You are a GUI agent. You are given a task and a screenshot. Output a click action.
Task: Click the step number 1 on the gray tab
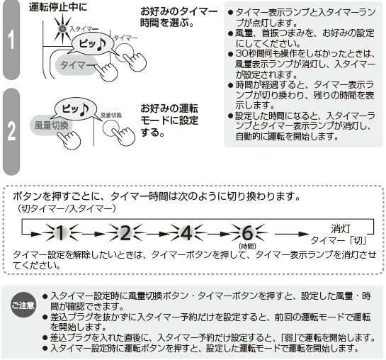[x=11, y=40]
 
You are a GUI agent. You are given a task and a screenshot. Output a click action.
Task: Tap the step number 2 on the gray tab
[x=11, y=131]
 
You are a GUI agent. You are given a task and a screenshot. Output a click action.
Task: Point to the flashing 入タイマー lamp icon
[x=63, y=29]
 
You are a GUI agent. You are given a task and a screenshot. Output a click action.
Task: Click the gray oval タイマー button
[x=76, y=65]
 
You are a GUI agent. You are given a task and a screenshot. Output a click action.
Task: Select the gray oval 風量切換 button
[x=51, y=125]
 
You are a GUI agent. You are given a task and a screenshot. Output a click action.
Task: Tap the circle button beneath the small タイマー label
[x=125, y=52]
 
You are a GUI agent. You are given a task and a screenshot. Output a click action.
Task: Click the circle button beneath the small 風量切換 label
[x=110, y=128]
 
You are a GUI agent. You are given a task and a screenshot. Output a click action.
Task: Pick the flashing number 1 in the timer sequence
[x=60, y=232]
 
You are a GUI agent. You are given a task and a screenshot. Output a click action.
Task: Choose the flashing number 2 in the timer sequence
[x=125, y=232]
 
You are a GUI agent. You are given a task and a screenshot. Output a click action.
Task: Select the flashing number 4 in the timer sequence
[x=186, y=232]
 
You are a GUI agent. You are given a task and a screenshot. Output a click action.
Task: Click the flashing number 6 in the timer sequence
[x=247, y=232]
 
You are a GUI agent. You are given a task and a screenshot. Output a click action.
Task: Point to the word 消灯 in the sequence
[x=341, y=229]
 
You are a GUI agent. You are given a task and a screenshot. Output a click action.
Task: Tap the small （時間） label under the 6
[x=247, y=246]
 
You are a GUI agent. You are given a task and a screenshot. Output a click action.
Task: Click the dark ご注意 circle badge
[x=23, y=305]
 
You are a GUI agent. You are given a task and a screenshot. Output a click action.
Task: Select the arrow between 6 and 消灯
[x=291, y=234]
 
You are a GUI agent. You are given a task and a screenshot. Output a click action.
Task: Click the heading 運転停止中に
[x=58, y=7]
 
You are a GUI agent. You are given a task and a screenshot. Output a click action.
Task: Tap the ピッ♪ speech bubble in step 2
[x=76, y=109]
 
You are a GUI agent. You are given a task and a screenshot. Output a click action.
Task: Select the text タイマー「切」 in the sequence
[x=339, y=240]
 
